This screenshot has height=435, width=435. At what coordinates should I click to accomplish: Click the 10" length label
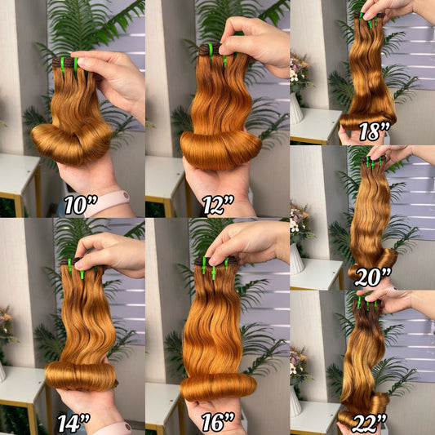[81, 205]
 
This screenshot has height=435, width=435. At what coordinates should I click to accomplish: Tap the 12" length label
[218, 205]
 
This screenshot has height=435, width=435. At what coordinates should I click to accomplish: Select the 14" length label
[73, 423]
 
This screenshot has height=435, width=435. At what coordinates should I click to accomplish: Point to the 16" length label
[218, 423]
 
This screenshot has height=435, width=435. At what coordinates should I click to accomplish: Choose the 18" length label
[375, 131]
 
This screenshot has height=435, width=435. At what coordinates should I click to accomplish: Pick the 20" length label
[373, 277]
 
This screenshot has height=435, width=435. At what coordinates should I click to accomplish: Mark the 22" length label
[369, 424]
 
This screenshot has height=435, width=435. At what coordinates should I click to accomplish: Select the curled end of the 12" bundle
[221, 150]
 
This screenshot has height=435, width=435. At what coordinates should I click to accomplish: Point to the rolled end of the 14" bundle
[81, 376]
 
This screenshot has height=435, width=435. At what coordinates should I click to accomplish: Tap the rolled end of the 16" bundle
[218, 388]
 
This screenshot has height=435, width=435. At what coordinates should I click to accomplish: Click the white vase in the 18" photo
[296, 109]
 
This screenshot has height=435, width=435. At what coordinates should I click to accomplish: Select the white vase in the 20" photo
[297, 259]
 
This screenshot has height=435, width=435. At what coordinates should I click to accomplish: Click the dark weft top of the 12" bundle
[210, 49]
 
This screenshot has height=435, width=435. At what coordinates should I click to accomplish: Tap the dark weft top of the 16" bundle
[215, 261]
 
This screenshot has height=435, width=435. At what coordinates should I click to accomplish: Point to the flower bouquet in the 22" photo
[300, 367]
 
